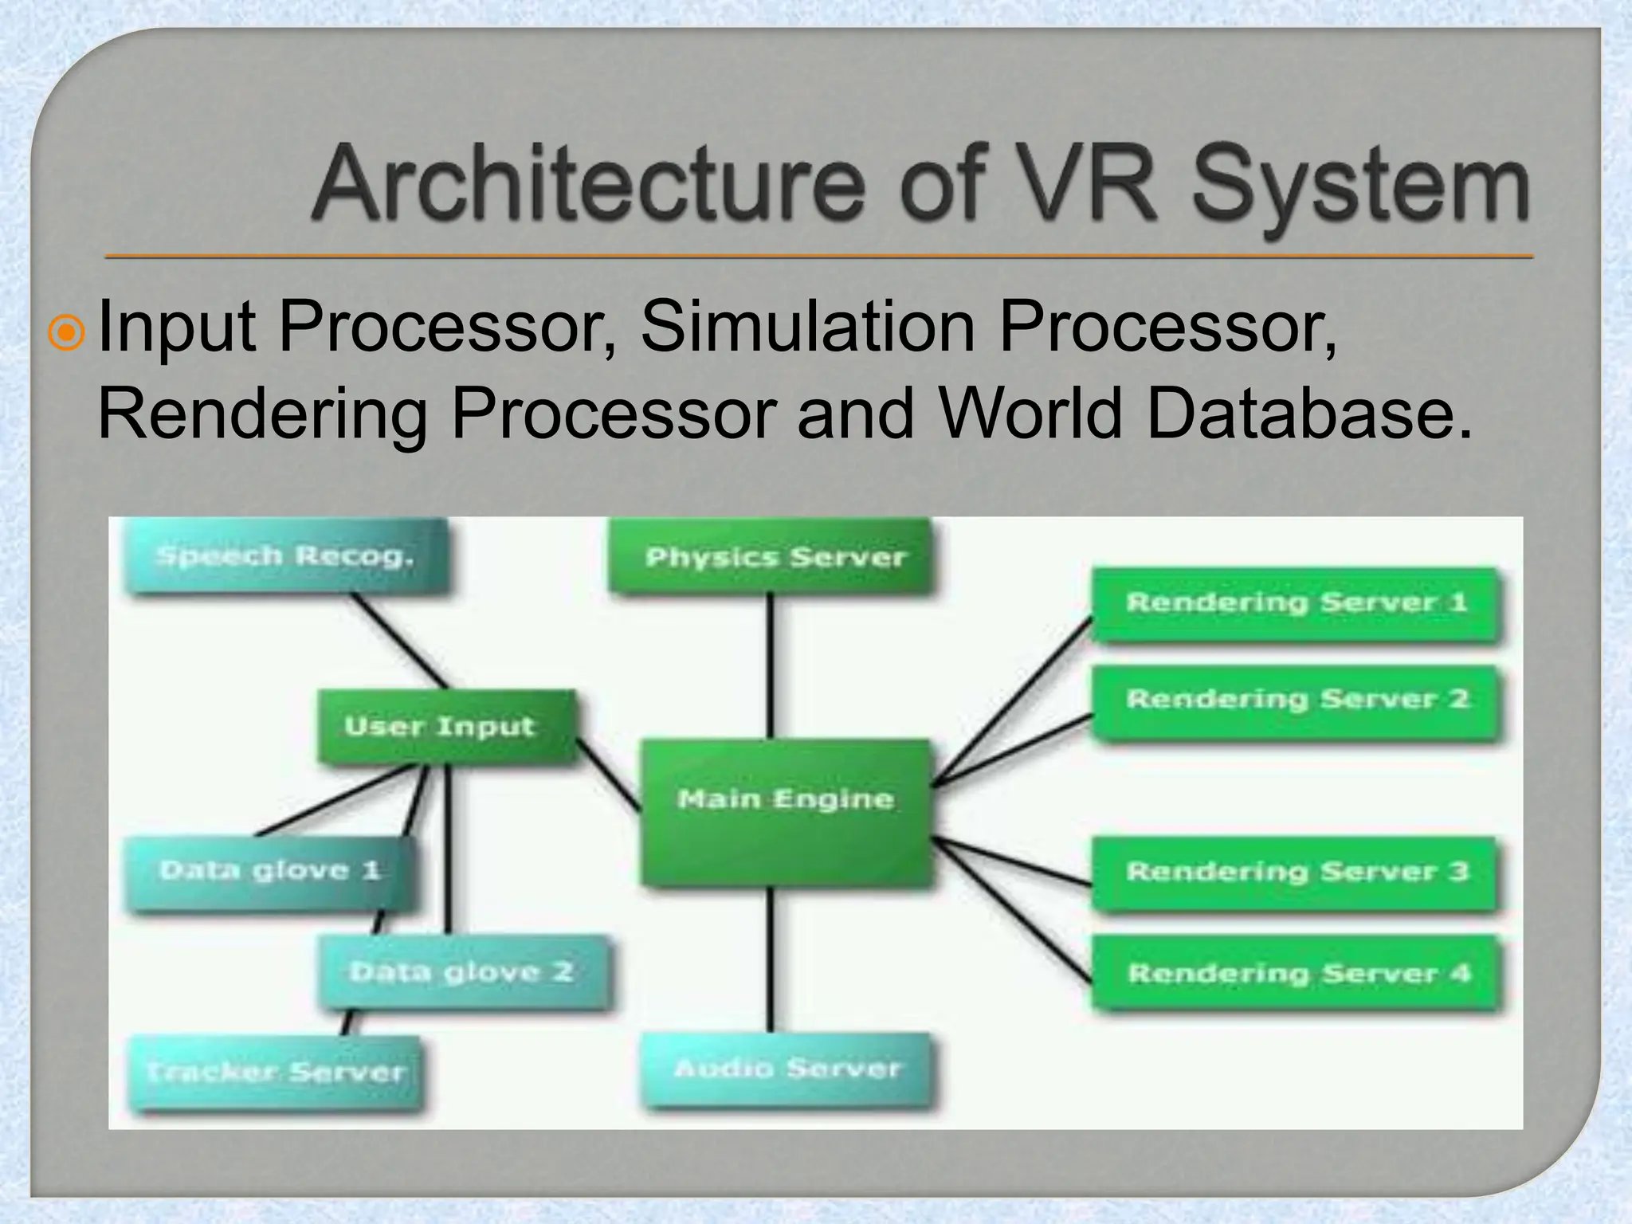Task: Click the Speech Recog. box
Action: coord(284,556)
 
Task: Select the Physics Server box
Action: coord(770,556)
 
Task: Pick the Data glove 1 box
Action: coord(269,871)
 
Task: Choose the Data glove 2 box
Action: coord(462,971)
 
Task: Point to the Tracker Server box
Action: coord(274,1072)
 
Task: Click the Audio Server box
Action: coord(787,1069)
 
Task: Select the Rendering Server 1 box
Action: coord(1296,603)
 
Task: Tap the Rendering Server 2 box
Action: coord(1296,701)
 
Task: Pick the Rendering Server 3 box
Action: coord(1296,872)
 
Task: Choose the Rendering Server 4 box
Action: coord(1297,973)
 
